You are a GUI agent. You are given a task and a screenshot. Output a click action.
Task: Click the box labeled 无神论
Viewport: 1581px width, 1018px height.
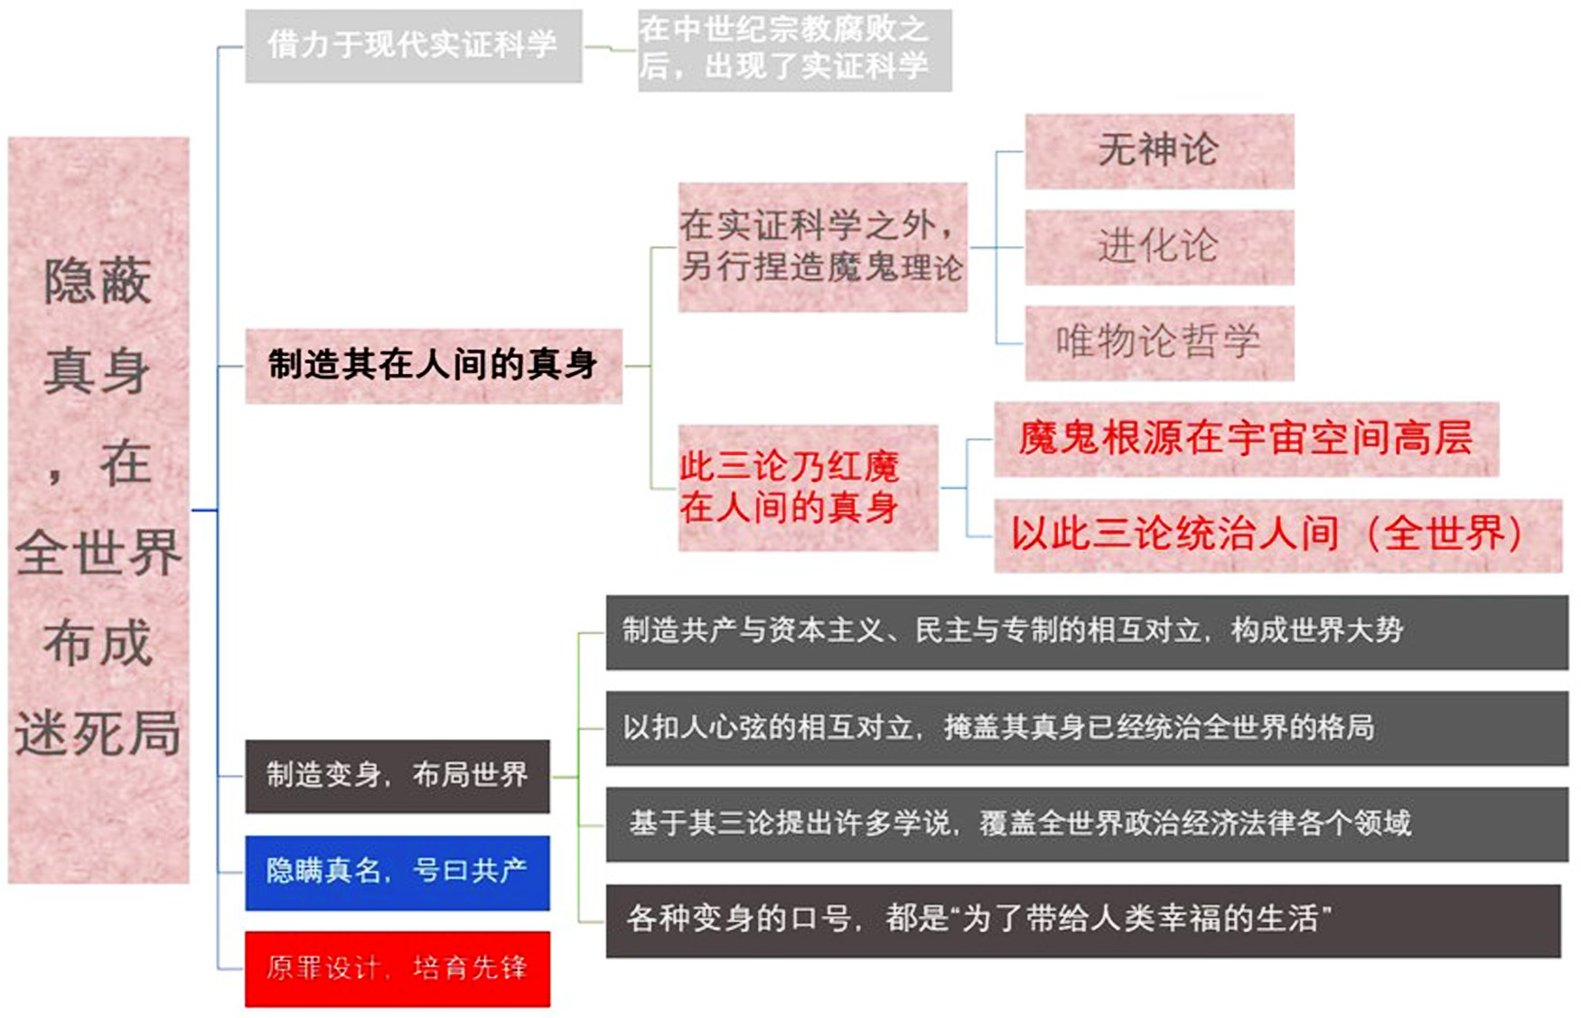[1159, 151]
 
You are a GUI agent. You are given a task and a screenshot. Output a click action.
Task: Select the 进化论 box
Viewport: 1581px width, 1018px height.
[1159, 247]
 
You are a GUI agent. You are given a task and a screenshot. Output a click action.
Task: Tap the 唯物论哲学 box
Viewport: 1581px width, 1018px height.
[1159, 343]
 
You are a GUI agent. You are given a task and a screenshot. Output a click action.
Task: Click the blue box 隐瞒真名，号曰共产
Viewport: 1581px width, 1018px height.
[398, 873]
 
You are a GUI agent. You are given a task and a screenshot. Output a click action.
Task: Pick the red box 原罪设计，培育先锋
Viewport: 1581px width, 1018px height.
[398, 968]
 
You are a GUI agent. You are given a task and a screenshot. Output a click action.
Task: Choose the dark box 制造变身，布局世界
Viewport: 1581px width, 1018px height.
[398, 776]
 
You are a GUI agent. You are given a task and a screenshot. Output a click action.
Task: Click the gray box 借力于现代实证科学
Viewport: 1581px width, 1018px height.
[414, 46]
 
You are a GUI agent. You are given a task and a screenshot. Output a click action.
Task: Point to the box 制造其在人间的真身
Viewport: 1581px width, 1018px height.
[434, 366]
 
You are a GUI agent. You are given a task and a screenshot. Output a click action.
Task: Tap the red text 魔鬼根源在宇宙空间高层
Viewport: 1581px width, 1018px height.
[1246, 438]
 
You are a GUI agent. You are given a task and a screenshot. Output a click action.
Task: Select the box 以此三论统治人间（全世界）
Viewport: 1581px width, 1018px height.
[1277, 536]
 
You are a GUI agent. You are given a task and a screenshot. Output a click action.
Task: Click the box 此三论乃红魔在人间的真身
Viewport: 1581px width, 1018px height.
[808, 488]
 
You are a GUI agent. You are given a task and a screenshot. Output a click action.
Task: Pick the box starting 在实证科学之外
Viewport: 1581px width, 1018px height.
[822, 247]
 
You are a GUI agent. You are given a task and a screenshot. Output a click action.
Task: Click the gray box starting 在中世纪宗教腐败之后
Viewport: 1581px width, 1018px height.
[795, 51]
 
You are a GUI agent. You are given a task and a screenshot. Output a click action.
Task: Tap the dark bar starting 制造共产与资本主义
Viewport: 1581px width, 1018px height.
[1087, 632]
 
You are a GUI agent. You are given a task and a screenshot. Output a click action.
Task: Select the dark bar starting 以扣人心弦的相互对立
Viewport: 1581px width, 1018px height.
[1087, 728]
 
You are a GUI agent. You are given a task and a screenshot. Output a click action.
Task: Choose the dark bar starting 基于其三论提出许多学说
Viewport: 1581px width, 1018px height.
[1087, 824]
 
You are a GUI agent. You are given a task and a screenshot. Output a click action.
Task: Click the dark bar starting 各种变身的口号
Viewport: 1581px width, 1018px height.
[1083, 920]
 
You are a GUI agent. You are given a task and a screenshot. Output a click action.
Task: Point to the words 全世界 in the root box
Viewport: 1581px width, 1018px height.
[98, 553]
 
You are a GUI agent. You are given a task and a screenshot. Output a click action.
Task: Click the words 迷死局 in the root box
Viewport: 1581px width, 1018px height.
[98, 733]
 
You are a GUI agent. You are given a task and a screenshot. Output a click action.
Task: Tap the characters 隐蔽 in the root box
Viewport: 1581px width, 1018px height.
[98, 281]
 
